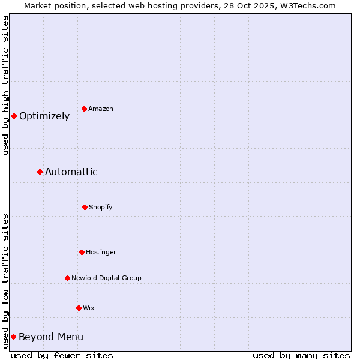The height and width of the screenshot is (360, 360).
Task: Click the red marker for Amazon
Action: pos(84,109)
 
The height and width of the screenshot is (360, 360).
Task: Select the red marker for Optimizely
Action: pos(14,116)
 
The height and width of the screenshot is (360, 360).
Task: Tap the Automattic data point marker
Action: pos(40,172)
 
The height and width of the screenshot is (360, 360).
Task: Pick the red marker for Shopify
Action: pos(85,207)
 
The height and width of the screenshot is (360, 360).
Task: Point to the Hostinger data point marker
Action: pos(82,252)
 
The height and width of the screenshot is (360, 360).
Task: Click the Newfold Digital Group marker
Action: pos(67,278)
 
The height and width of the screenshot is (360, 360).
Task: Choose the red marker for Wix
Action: pos(79,308)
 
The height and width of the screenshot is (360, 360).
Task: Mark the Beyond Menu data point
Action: pos(13,337)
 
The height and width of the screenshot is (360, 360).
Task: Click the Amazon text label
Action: pos(101,109)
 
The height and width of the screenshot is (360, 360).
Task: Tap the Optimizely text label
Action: pos(44,116)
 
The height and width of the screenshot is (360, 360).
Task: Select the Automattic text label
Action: pos(71,172)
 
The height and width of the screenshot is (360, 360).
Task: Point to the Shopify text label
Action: pos(101,207)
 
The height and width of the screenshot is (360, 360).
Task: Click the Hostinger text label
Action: pos(101,252)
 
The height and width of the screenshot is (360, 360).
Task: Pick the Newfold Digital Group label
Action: pos(106,278)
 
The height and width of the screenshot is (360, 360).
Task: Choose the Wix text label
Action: pos(89,308)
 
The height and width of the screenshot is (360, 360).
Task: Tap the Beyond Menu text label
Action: pos(51,337)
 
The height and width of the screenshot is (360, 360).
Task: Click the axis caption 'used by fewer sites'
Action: pos(62,355)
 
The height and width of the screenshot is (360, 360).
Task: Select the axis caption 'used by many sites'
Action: pos(301,355)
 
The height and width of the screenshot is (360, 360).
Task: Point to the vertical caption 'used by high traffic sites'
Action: pos(5,85)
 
